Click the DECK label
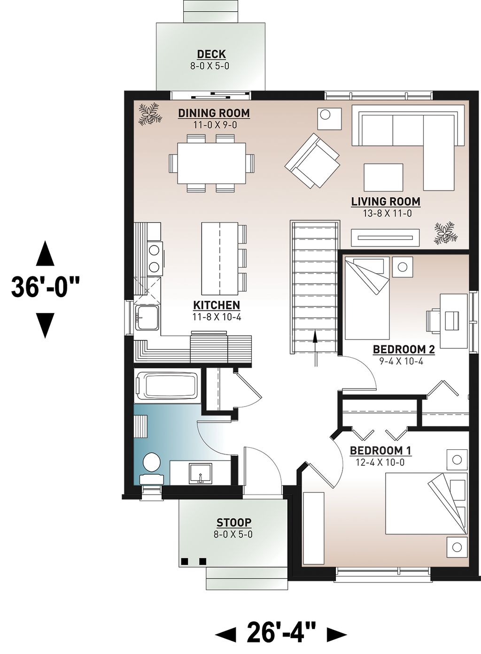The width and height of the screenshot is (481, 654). [211, 54]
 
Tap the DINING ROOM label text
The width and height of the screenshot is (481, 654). [214, 113]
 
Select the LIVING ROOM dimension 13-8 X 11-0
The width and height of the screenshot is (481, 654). [385, 213]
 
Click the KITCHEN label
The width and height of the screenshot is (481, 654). [216, 305]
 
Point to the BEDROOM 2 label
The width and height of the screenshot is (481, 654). [403, 349]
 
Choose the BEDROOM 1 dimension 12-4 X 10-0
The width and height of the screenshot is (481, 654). [380, 462]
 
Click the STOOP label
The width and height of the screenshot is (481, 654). [233, 522]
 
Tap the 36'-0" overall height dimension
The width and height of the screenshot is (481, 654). [45, 287]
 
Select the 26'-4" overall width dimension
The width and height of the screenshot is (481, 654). [281, 632]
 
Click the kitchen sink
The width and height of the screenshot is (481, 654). [147, 318]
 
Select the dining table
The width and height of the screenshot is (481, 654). [212, 163]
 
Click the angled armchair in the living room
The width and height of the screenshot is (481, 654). [313, 161]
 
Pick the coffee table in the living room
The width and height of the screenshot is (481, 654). [383, 177]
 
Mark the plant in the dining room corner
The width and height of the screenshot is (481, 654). [150, 114]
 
